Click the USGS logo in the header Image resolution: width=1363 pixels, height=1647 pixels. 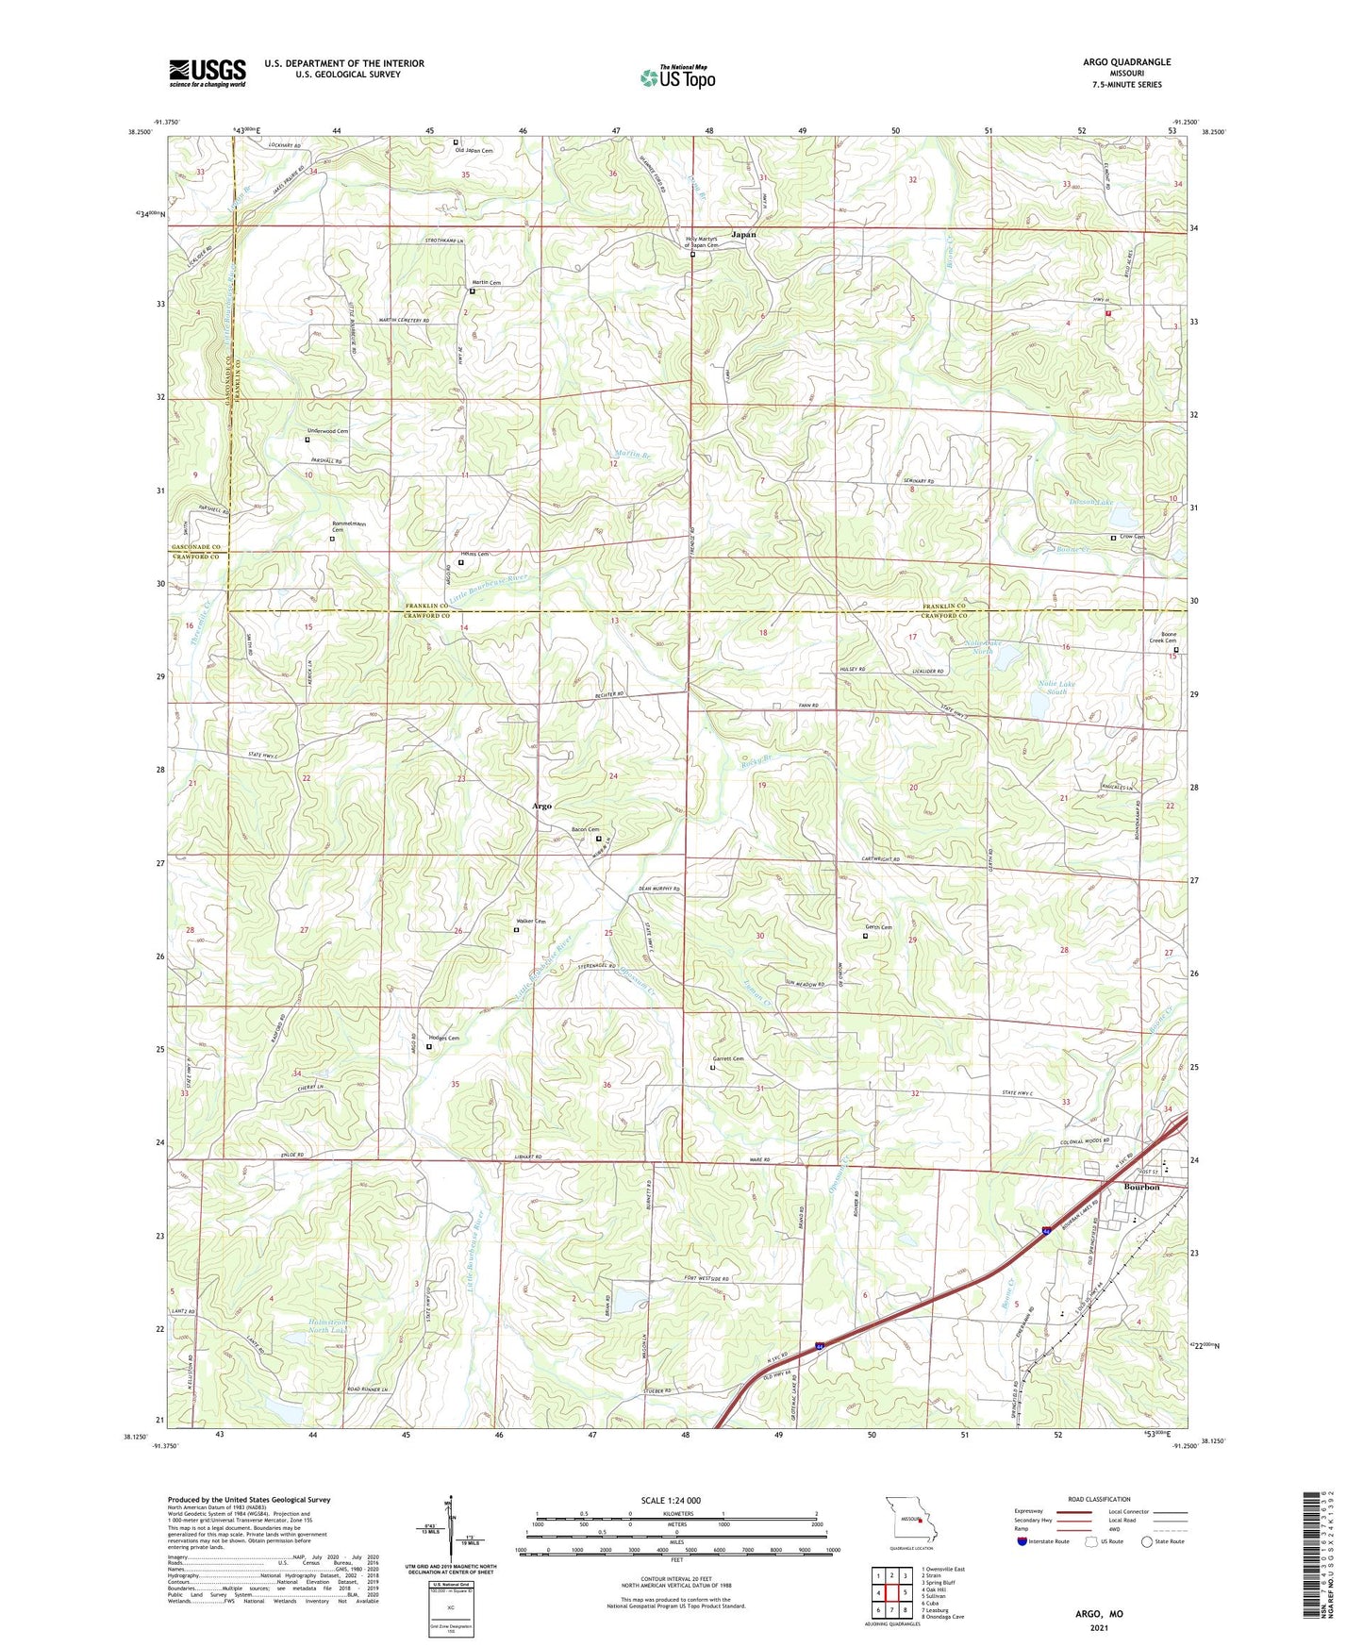(208, 73)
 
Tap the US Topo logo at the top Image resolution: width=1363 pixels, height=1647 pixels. (676, 77)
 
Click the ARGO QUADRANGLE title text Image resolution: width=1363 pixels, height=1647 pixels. (1126, 62)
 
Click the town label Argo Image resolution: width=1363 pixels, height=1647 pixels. (541, 807)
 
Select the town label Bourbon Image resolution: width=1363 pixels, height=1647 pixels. (1141, 1187)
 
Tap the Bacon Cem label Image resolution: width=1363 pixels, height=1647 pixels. (586, 829)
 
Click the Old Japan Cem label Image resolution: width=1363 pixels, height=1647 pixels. (474, 151)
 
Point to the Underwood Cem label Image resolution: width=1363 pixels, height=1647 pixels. (327, 431)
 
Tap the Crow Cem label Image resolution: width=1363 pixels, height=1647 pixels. (1133, 537)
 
